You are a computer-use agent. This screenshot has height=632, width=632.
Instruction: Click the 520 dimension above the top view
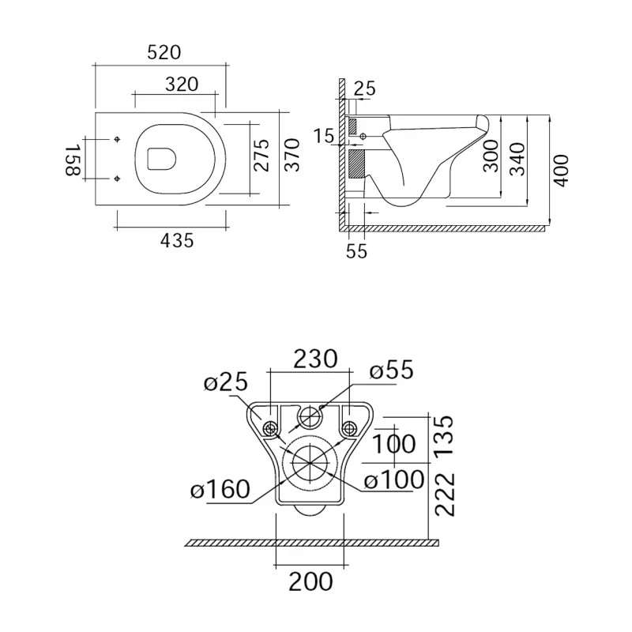tap(164, 53)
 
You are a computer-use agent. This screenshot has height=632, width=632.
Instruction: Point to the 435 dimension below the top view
tap(176, 241)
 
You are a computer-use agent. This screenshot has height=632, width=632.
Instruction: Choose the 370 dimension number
tap(292, 156)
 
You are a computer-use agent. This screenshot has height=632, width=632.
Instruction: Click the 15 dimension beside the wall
tap(324, 136)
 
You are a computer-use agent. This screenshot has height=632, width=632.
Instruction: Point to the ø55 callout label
tap(391, 370)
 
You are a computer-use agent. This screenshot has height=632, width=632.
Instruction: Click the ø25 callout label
tap(226, 383)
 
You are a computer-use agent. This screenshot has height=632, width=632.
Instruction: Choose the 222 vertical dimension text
tap(446, 494)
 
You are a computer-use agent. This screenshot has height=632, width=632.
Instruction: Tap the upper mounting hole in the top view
tap(117, 140)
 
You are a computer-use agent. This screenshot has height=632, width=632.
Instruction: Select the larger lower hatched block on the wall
tap(356, 164)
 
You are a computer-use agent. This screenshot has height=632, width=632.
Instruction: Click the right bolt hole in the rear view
tap(348, 428)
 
